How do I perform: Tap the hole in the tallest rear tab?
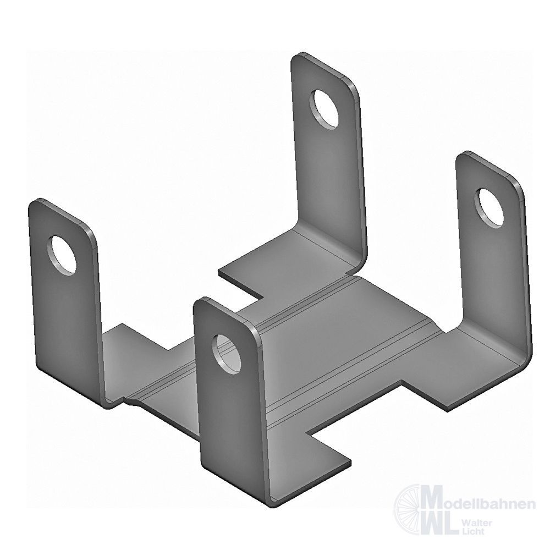coord(324,108)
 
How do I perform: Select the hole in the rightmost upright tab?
coord(489,208)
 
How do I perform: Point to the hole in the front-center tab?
coord(227,354)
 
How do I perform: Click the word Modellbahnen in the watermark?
coord(481,504)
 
